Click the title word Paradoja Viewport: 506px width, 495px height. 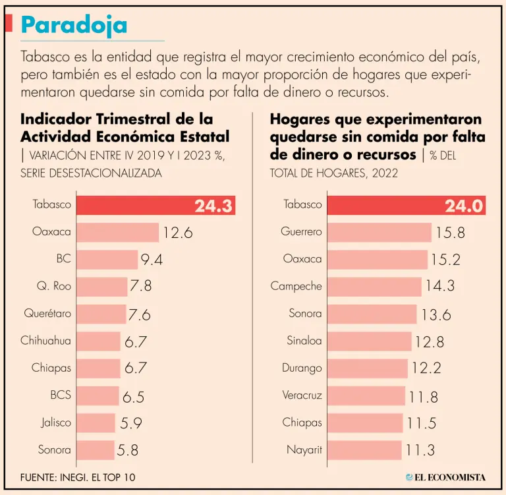click(73, 24)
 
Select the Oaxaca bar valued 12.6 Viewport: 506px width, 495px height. click(117, 232)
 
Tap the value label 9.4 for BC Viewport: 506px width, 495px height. click(151, 260)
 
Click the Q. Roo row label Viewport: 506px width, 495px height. click(53, 287)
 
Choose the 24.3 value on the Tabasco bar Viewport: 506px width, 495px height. click(213, 206)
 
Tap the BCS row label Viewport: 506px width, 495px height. click(60, 395)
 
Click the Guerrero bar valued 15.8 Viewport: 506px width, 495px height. click(379, 232)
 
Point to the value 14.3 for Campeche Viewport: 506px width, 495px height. click(439, 287)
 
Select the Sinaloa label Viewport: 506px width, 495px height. click(304, 341)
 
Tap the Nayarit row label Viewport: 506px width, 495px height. click(304, 450)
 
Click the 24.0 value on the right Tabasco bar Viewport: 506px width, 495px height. click(464, 206)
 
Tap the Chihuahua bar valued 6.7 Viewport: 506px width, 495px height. click(98, 341)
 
